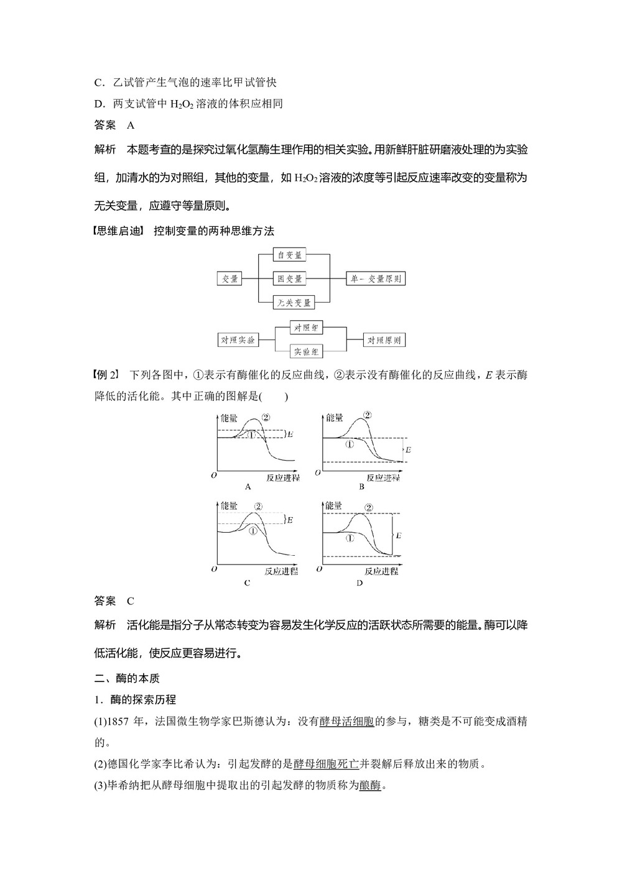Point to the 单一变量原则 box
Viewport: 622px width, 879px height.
376,278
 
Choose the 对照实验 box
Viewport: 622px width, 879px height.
237,340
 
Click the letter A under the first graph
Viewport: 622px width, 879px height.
248,487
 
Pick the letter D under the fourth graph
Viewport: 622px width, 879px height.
360,583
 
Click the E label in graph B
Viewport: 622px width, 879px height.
409,449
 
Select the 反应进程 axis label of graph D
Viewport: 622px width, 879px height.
381,571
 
